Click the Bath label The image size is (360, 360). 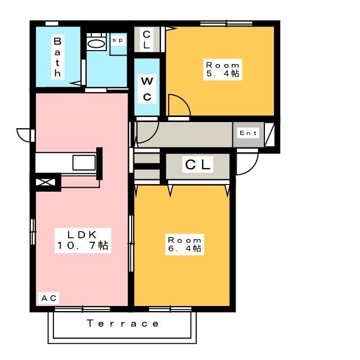(x=57, y=57)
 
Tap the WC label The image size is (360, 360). (x=147, y=88)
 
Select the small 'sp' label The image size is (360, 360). (x=118, y=40)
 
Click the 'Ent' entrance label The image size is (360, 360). (x=248, y=133)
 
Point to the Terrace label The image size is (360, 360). (x=123, y=323)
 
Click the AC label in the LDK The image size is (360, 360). (x=49, y=298)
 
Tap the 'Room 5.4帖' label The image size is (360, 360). (x=223, y=69)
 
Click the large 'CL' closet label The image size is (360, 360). (x=198, y=165)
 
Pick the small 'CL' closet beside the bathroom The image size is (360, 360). (x=146, y=39)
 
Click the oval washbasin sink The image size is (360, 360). (x=97, y=43)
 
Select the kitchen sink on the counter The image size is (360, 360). (x=84, y=163)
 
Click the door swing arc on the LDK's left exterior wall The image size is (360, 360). (x=24, y=136)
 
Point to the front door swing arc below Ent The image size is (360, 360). (x=246, y=164)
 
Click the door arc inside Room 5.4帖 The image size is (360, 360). (x=178, y=106)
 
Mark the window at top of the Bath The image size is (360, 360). (x=52, y=23)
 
